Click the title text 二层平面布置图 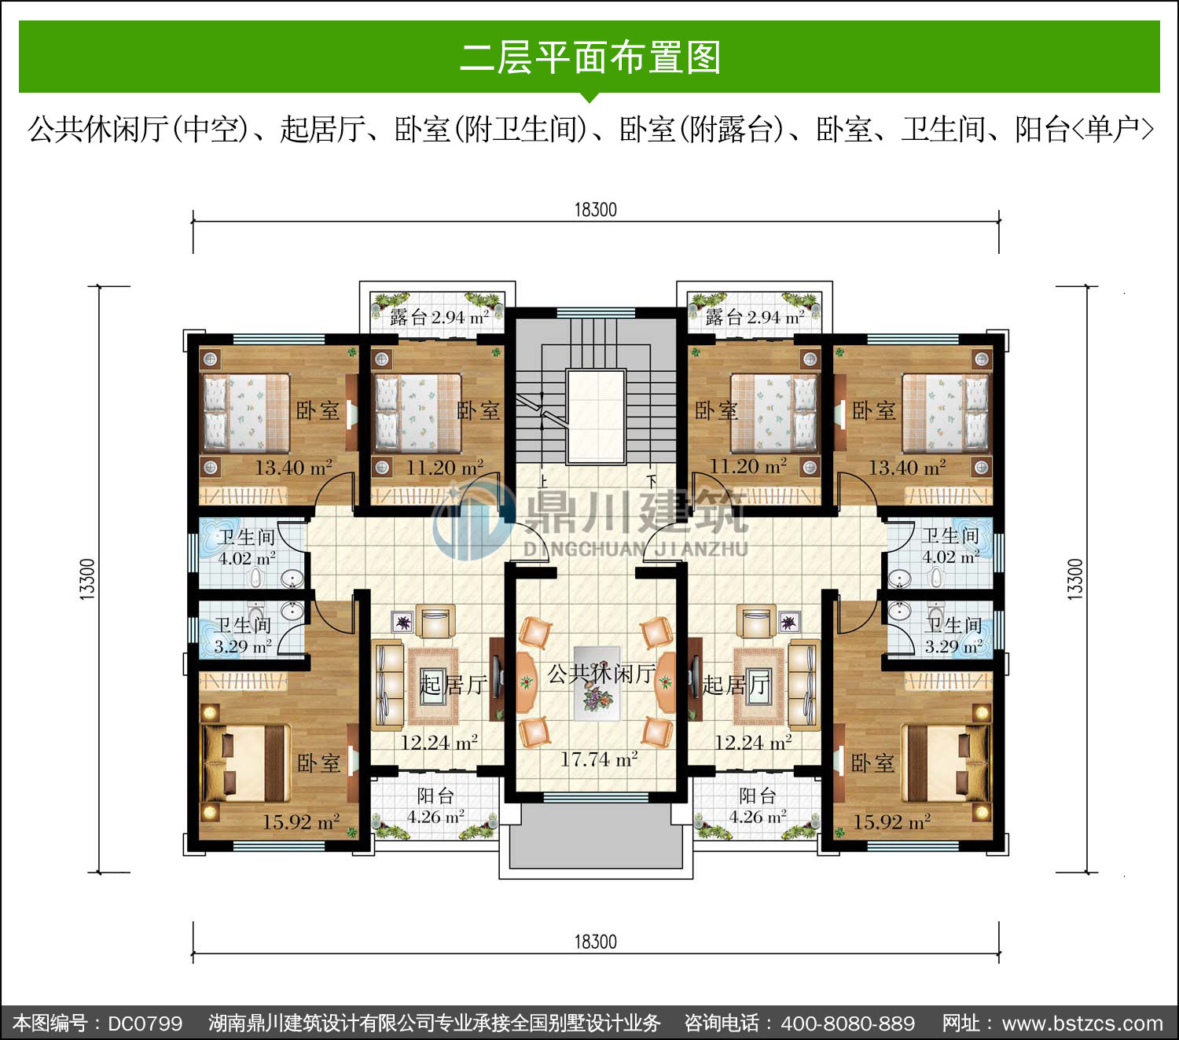point(590,57)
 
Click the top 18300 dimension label point(595,210)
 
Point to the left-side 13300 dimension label point(86,579)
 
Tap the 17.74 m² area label point(599,759)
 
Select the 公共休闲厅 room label point(602,674)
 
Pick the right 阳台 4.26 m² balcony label point(758,806)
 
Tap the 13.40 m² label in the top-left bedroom point(294,467)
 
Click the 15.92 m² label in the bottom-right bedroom point(891,821)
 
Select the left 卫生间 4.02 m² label point(246,547)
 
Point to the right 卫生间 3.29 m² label point(953,635)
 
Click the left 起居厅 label point(454,685)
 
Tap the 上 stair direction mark point(543,481)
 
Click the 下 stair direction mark point(652,481)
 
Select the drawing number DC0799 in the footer point(145,1023)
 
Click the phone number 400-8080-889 point(848,1023)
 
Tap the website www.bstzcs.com point(1082,1023)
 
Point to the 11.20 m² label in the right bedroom point(747,466)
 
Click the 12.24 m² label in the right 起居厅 point(753,742)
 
